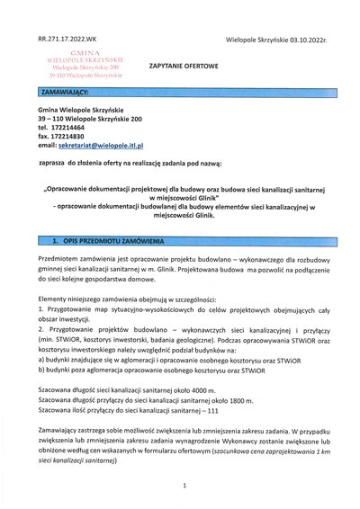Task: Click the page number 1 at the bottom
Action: click(182, 485)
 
